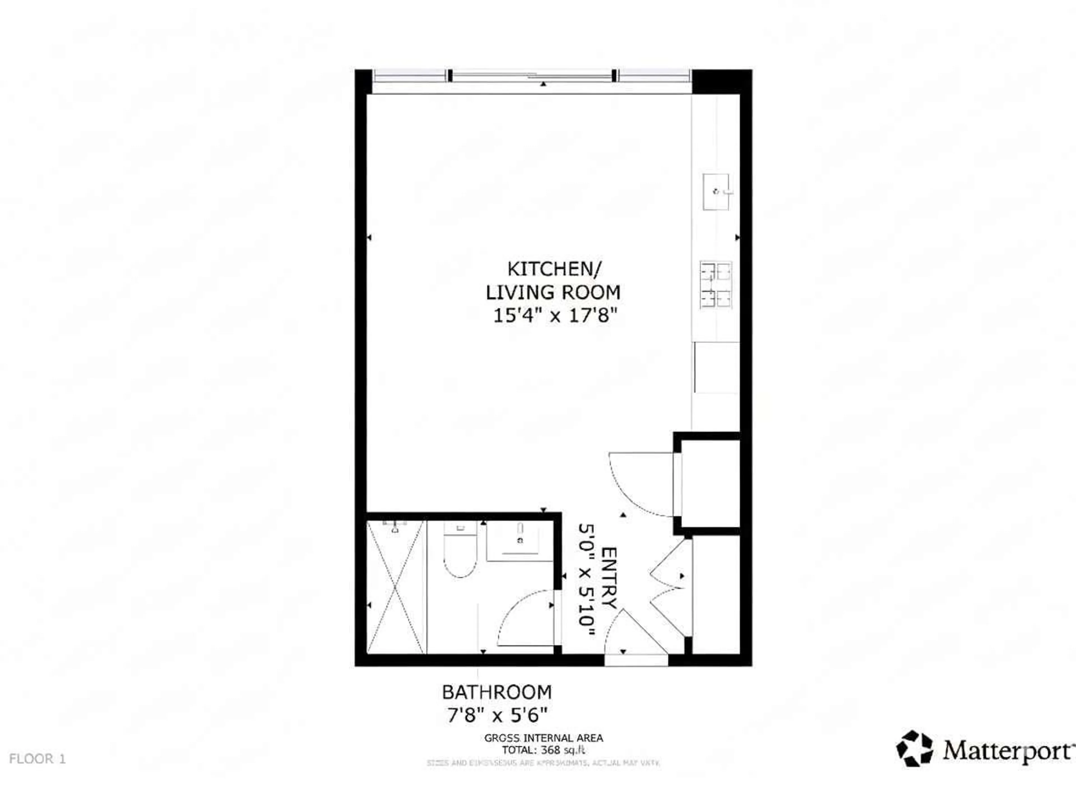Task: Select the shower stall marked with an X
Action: (395, 587)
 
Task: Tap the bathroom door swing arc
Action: (525, 618)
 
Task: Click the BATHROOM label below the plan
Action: (497, 692)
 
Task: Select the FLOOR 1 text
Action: (37, 759)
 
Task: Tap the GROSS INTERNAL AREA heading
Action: (544, 738)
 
